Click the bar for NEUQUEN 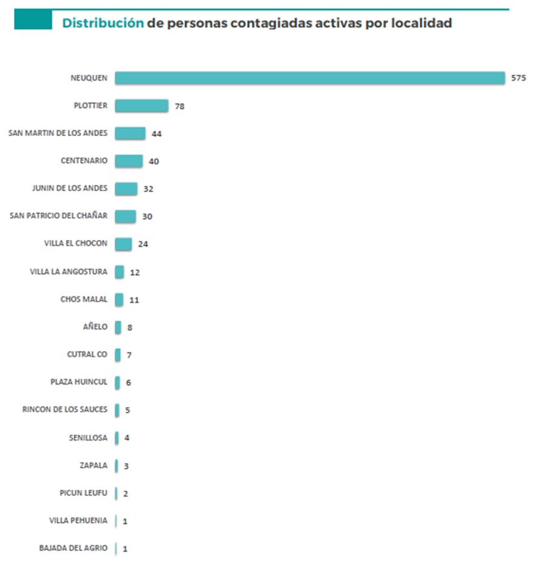tap(310, 78)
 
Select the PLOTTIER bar tap(141, 106)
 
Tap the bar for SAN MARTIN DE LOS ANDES tap(130, 134)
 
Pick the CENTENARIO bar tap(129, 161)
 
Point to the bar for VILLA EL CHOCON tap(123, 244)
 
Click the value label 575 tap(518, 79)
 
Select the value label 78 tap(179, 106)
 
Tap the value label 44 tap(156, 134)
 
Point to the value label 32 tap(148, 189)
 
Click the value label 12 tap(135, 272)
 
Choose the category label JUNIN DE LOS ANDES tap(70, 188)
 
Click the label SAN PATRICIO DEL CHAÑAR tap(59, 216)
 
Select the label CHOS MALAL tap(84, 300)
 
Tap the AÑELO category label tap(95, 327)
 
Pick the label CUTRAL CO tap(87, 354)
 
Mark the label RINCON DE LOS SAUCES tap(65, 409)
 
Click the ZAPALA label tap(93, 465)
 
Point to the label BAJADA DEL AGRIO tap(73, 548)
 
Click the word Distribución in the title tap(103, 23)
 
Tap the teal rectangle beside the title tap(33, 19)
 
